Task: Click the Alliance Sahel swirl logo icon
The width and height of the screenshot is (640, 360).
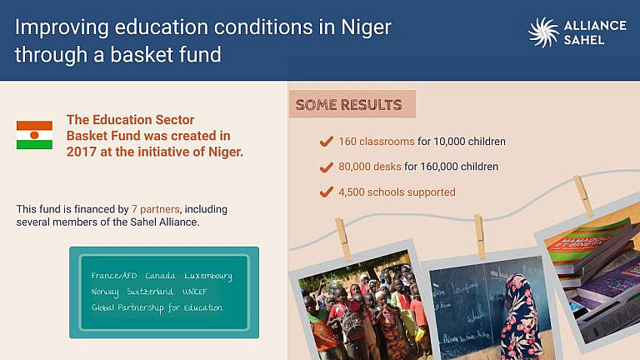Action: click(543, 32)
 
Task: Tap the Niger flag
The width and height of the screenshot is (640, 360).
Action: click(34, 135)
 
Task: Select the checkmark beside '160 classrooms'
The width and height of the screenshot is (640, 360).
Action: click(327, 142)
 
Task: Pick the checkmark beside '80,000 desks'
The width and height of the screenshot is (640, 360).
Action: click(327, 167)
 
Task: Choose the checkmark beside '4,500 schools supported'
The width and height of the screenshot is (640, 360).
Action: click(327, 192)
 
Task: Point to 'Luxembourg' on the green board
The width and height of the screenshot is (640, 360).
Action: click(208, 276)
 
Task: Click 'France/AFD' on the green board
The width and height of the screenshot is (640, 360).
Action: click(112, 276)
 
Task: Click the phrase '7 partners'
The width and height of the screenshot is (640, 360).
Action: click(157, 209)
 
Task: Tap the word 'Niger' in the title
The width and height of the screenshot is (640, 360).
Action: click(366, 27)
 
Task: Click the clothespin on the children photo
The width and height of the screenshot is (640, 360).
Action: click(342, 238)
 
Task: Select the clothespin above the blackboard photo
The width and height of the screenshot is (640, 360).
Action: click(480, 235)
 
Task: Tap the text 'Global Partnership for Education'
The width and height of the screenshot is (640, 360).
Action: click(157, 307)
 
